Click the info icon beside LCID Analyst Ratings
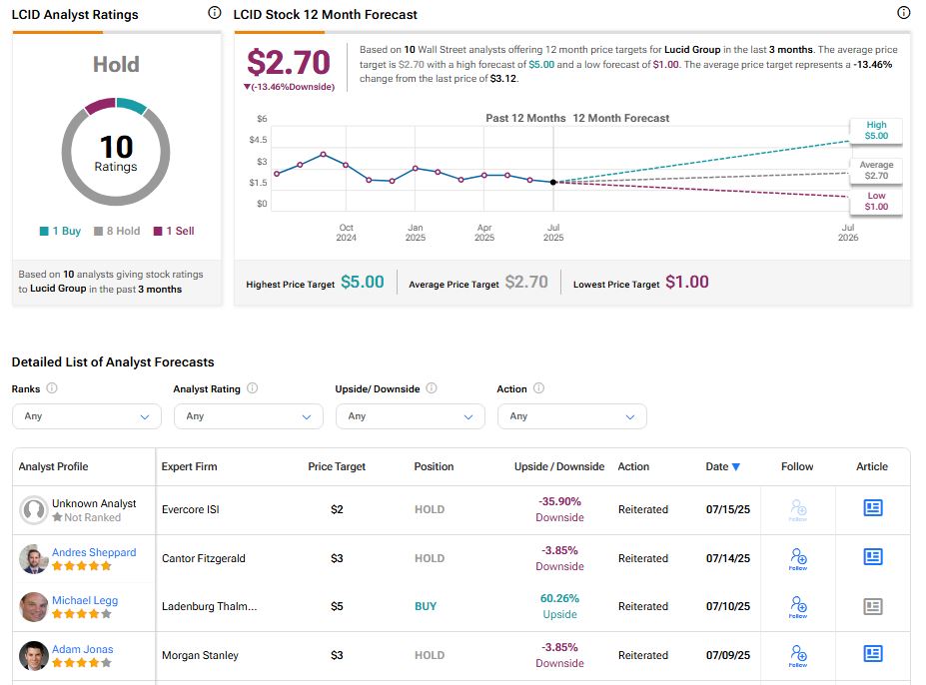coord(214,14)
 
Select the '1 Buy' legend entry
coord(60,231)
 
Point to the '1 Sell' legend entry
coord(174,231)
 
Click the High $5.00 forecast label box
coord(875,130)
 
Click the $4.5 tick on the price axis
coord(258,140)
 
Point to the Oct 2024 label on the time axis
coord(346,233)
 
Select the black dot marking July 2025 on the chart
coord(553,182)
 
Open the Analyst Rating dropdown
coord(248,416)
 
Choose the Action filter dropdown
coord(571,416)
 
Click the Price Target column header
coord(337,466)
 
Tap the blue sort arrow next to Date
coord(736,466)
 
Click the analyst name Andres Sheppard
coord(94,552)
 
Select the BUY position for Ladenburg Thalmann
coord(426,606)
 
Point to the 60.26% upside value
coord(559,599)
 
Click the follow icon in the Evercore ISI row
coord(798,509)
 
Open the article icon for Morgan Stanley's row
coord(872,654)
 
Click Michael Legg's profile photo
coord(33,607)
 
